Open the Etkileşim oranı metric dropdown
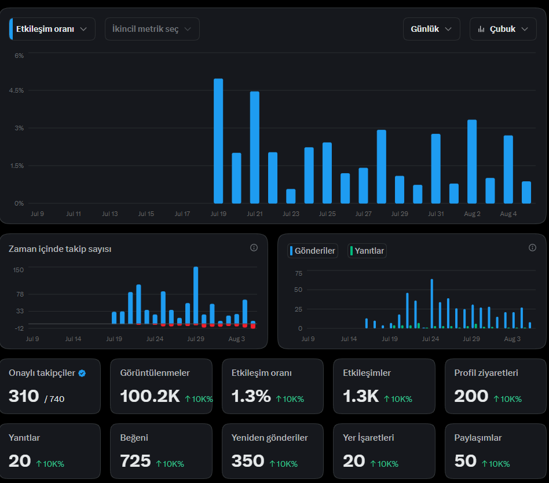[x=52, y=29]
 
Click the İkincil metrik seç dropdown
[x=152, y=29]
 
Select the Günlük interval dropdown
[x=431, y=29]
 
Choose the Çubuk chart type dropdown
[x=503, y=29]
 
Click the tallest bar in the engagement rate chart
[x=218, y=141]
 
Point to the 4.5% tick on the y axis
[x=16, y=90]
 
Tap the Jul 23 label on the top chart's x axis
[x=291, y=214]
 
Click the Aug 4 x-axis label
[x=508, y=214]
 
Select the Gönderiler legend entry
[x=313, y=251]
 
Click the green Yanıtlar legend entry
[x=367, y=251]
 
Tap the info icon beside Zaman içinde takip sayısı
[x=254, y=248]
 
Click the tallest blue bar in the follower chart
[x=196, y=295]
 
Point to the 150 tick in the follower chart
[x=18, y=270]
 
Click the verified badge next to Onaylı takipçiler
[x=82, y=374]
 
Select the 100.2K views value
[x=150, y=396]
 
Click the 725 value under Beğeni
[x=135, y=461]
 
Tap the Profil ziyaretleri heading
[x=486, y=372]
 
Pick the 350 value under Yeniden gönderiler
[x=247, y=461]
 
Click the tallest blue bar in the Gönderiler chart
[x=431, y=303]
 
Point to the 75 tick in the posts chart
[x=299, y=273]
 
